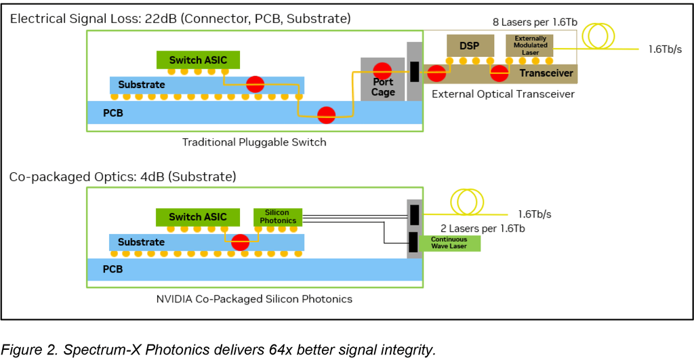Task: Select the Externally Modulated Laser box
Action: pos(530,45)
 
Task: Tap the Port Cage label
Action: pos(383,87)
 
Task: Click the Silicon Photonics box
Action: pos(278,216)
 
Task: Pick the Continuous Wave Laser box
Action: pos(449,243)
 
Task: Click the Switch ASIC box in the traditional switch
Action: pos(198,60)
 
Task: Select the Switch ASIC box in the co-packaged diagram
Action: pos(198,217)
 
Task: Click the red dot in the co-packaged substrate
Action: pos(239,242)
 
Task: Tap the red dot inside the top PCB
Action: pos(327,115)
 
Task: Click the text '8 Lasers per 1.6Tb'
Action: pos(535,22)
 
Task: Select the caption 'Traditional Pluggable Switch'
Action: pos(254,142)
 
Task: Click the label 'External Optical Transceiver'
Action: pos(503,94)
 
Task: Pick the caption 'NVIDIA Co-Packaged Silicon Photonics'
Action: pos(254,298)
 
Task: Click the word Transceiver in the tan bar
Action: pos(546,73)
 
